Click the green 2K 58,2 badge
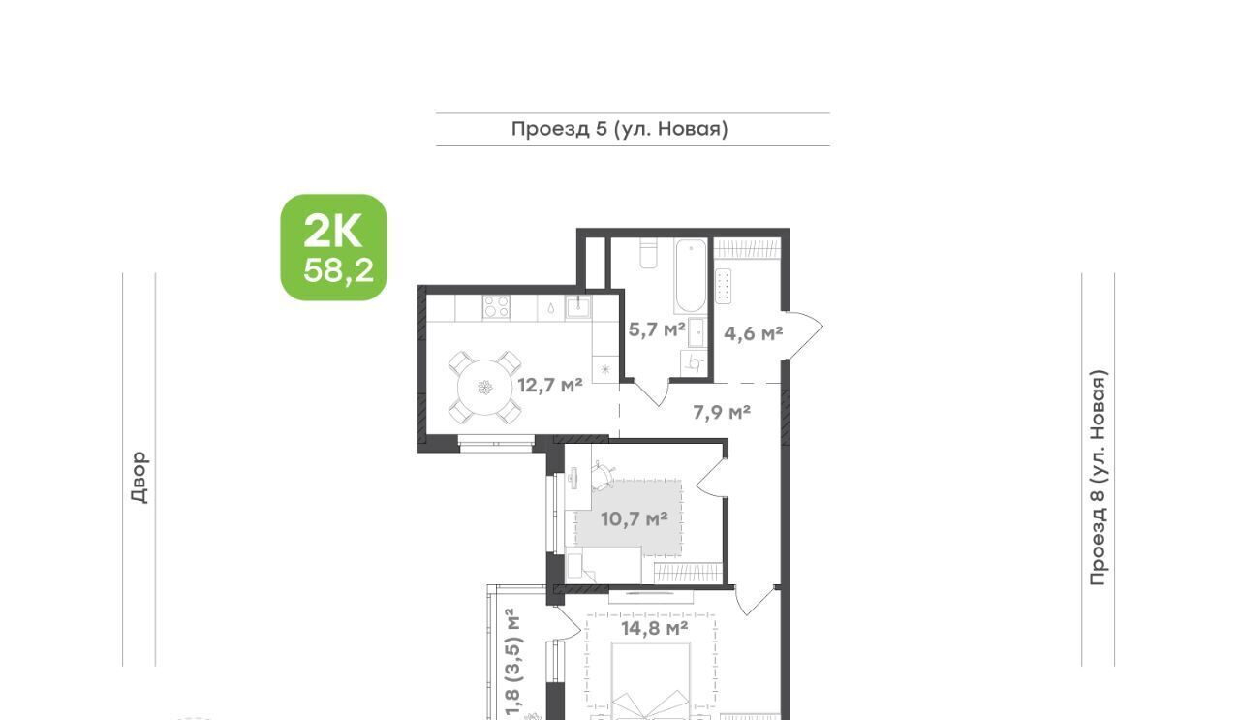[x=334, y=247]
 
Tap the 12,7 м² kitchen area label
[x=549, y=385]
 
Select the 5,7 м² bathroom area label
[x=657, y=329]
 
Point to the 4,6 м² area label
[x=754, y=333]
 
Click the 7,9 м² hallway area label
[x=722, y=412]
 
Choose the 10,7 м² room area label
[x=635, y=519]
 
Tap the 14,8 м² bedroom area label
[x=654, y=628]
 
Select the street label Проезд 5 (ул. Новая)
[x=619, y=129]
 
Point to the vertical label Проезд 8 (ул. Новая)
[x=1098, y=478]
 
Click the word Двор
[x=139, y=478]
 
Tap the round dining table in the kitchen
[x=485, y=388]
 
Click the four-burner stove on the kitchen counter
[x=496, y=307]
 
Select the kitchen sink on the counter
[x=578, y=307]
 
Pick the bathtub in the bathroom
[x=691, y=276]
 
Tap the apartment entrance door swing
[x=803, y=334]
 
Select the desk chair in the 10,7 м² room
[x=603, y=476]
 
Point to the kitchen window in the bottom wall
[x=496, y=444]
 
